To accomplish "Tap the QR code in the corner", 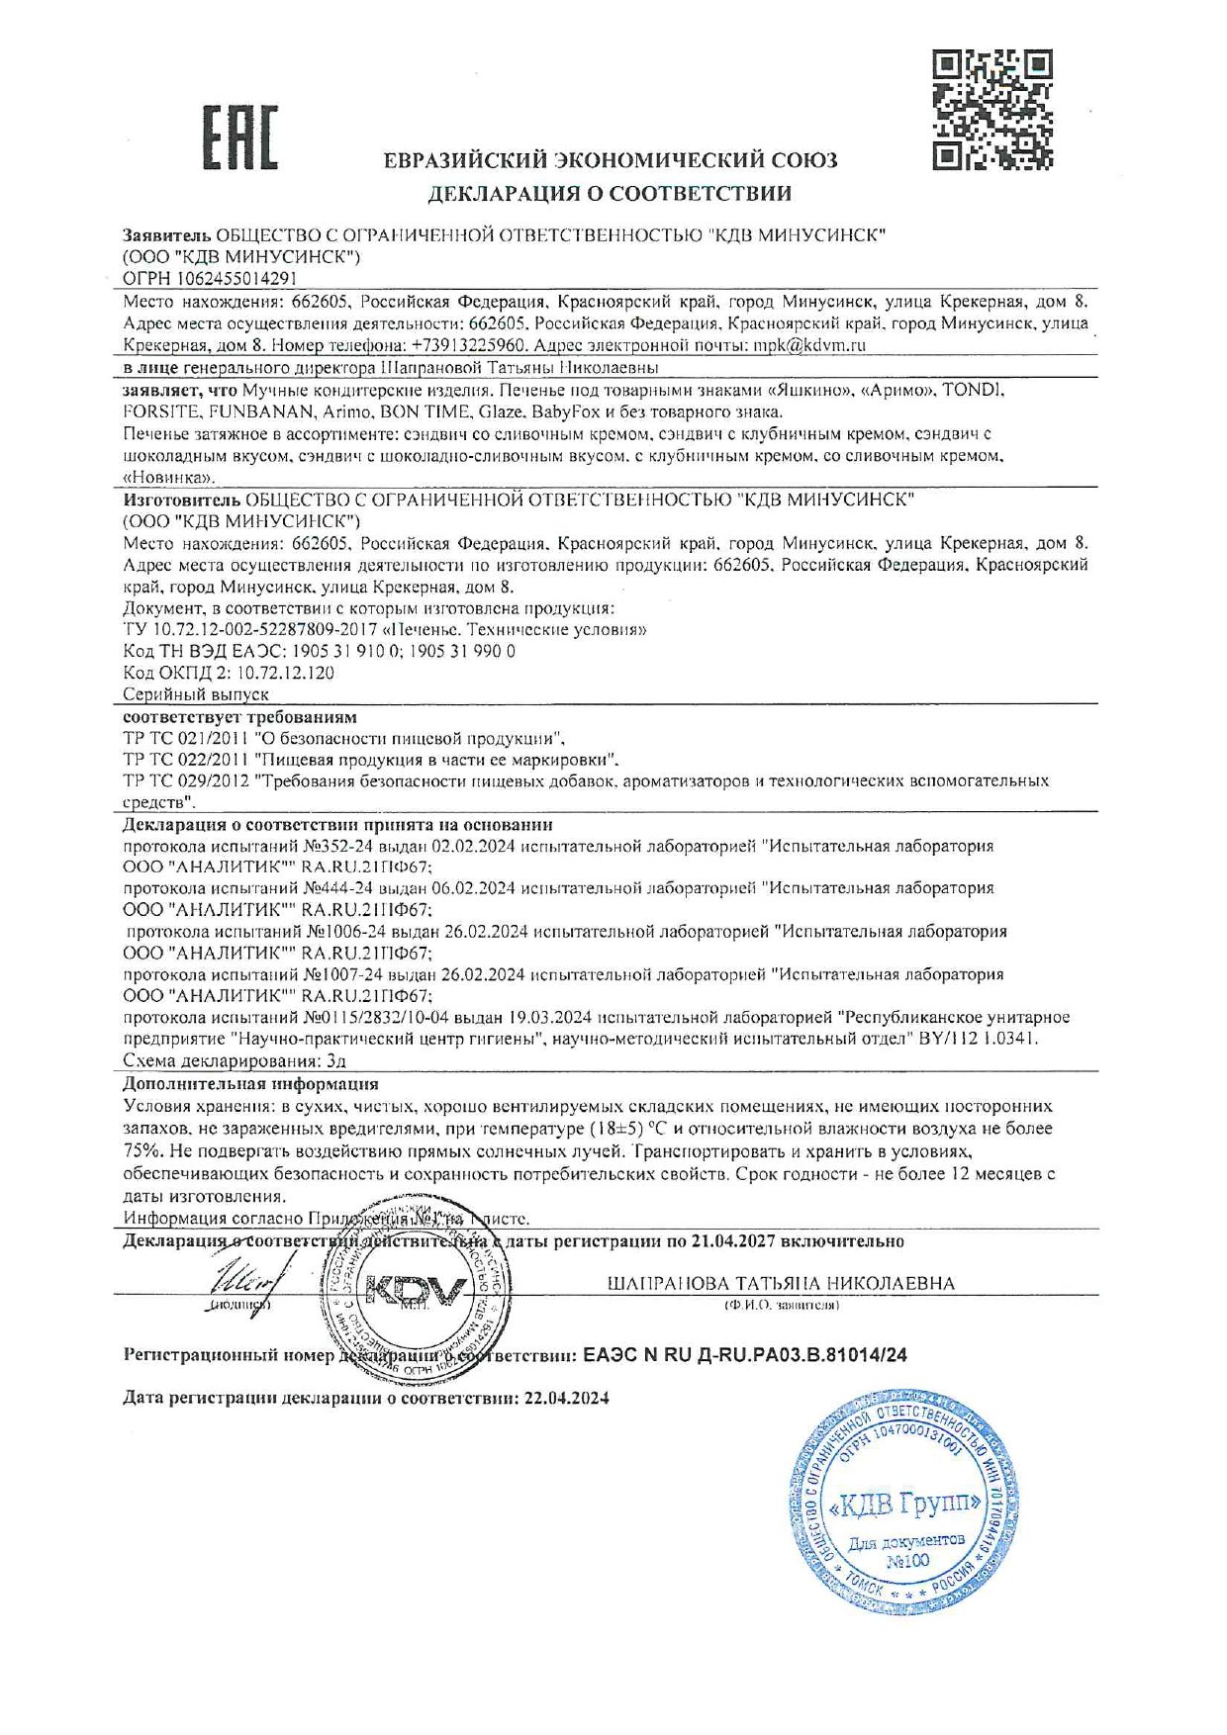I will (992, 109).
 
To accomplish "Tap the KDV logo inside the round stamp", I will (415, 1291).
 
